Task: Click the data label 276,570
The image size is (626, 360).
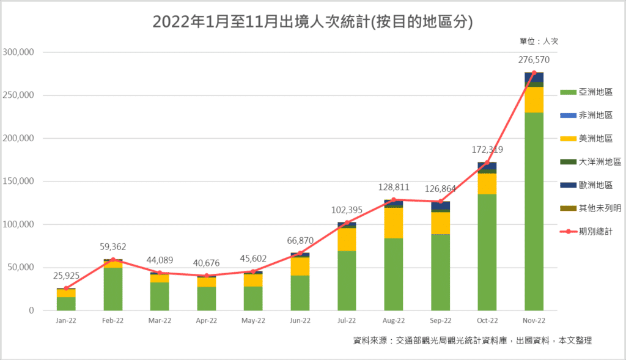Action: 534,60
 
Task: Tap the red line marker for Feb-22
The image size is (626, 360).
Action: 112,260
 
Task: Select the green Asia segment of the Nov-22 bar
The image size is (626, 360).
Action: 534,211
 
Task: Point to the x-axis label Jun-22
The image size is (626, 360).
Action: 300,320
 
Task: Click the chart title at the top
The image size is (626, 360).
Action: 312,22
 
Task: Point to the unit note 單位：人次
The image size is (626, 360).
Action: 539,42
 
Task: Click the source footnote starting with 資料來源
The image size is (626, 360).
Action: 473,340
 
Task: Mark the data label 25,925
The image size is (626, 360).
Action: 66,276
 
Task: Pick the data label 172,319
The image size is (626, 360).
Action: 487,150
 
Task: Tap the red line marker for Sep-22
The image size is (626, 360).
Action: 440,202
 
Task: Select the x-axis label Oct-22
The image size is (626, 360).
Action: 487,320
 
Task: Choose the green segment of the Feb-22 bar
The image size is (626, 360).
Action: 112,288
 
